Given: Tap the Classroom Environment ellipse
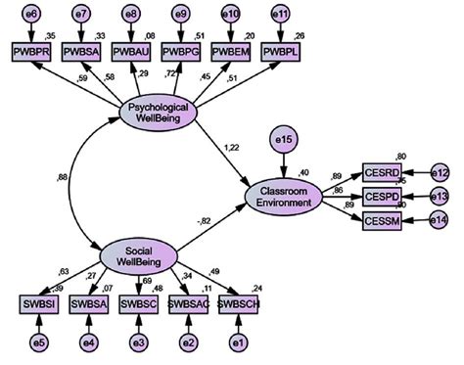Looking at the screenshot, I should coord(284,195).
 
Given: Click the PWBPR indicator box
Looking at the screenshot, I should coord(30,50).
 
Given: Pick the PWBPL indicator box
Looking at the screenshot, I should coord(282,50).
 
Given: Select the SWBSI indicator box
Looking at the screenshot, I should coord(35,304).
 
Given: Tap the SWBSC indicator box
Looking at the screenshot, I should coord(137,304).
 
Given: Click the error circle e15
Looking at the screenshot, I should coord(284,143).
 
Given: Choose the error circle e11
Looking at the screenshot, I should coord(282,15).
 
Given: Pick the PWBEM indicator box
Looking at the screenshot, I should coord(232,50).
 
